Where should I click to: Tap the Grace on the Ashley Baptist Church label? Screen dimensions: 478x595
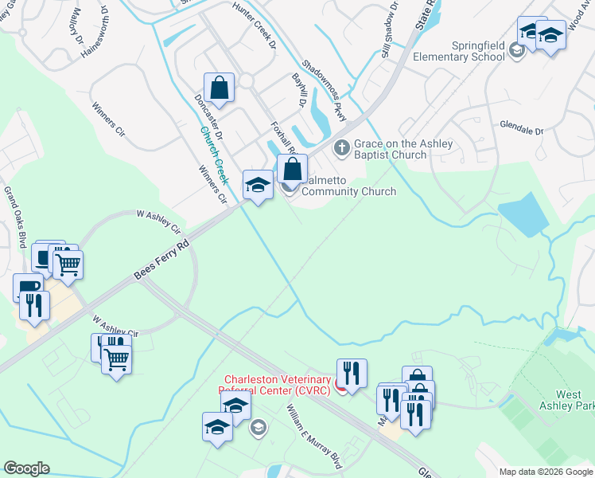coord(402,149)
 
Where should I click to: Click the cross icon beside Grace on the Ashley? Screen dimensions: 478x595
coord(341,147)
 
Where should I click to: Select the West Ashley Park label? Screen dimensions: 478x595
coord(573,400)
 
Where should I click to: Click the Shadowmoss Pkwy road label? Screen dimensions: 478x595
coord(324,91)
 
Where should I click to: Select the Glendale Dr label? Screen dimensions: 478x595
coord(521,127)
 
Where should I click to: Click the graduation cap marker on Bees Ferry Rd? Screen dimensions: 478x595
coord(257,186)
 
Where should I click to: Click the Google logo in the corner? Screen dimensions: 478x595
coord(27,468)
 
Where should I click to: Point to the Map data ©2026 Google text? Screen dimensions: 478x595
coord(546,472)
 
